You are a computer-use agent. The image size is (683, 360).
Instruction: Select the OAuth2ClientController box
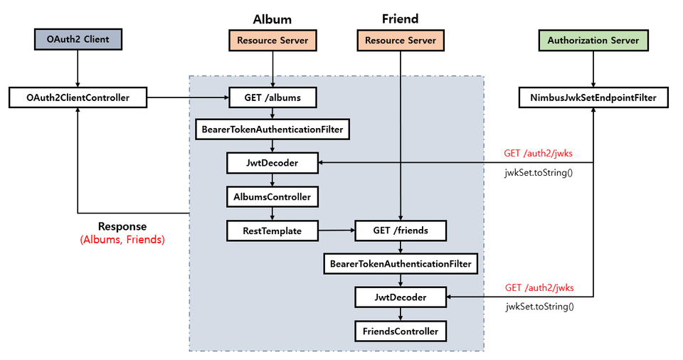[77, 97]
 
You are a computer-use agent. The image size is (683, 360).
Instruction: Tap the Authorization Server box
[593, 41]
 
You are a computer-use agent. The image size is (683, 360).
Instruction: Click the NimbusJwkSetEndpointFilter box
[593, 97]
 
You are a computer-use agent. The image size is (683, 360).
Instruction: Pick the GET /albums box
[272, 97]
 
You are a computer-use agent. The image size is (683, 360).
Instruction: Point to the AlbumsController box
[272, 195]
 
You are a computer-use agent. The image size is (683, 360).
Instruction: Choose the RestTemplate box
[272, 231]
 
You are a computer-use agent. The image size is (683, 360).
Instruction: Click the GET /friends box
[401, 231]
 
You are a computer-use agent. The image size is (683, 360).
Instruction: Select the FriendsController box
[401, 331]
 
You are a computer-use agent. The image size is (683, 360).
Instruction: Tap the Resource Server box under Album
[272, 41]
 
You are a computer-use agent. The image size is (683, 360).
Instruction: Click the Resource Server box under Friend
[401, 41]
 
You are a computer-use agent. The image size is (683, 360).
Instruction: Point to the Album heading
[272, 19]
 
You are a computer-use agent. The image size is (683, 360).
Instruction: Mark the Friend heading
[401, 19]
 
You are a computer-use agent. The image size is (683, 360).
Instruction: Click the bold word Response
[122, 226]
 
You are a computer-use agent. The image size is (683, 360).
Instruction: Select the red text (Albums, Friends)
[122, 240]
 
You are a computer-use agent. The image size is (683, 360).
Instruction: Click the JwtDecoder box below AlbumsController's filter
[272, 164]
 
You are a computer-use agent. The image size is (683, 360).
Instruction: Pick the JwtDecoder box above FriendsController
[401, 297]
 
